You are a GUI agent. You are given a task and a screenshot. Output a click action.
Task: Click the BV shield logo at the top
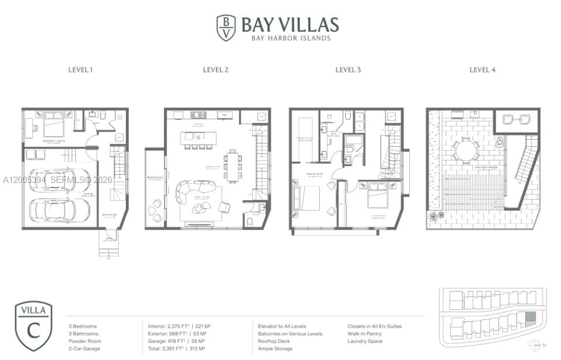[x=226, y=28]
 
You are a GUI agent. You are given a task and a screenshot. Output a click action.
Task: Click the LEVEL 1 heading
[x=80, y=70]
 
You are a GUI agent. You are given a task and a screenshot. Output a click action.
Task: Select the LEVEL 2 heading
[x=216, y=70]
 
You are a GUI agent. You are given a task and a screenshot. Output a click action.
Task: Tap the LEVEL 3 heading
[x=348, y=70]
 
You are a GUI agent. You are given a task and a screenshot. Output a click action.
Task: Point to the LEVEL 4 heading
[x=483, y=70]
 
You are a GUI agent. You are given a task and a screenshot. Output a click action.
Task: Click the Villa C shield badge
[x=33, y=326]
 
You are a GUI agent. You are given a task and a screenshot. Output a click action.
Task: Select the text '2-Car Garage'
[x=84, y=348]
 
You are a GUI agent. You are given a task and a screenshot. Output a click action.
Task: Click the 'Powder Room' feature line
[x=84, y=341]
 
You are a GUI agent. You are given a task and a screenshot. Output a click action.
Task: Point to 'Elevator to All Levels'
[x=282, y=326]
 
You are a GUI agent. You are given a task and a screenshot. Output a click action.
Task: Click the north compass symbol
[x=533, y=345]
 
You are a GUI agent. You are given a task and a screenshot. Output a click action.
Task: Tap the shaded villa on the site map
[x=530, y=317]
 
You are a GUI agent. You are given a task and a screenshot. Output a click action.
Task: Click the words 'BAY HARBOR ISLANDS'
[x=290, y=38]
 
